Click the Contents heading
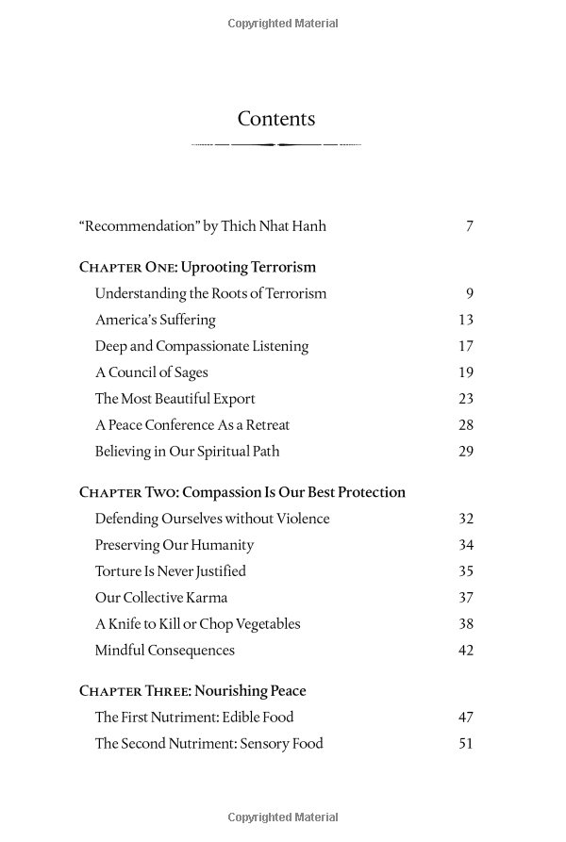(x=276, y=119)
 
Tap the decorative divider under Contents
(x=276, y=144)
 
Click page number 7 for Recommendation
(x=469, y=226)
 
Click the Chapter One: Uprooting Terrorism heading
(x=197, y=267)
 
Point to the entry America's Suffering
(x=155, y=320)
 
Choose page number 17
(x=465, y=346)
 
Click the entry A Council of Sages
(x=151, y=372)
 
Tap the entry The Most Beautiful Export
(x=175, y=399)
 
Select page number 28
(x=465, y=425)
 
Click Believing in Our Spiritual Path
(x=187, y=452)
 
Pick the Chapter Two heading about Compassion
(x=242, y=492)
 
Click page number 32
(x=465, y=519)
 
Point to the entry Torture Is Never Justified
(x=170, y=571)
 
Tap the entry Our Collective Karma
(x=161, y=598)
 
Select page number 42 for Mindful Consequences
(x=465, y=651)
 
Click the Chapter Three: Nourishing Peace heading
(x=192, y=691)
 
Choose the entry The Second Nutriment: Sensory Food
(x=208, y=744)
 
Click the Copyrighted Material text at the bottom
(x=283, y=817)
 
